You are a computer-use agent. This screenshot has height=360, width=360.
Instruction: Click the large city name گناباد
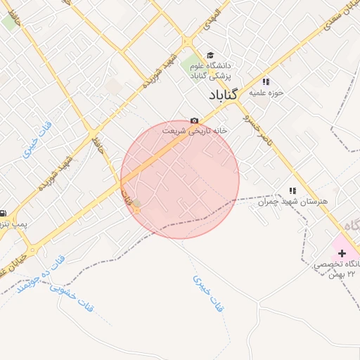pos(224,94)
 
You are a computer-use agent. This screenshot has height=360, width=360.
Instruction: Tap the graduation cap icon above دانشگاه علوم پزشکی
pos(210,56)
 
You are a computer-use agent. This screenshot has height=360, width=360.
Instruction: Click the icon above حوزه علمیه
pos(266,81)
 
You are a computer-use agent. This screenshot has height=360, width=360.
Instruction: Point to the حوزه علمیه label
pos(269,92)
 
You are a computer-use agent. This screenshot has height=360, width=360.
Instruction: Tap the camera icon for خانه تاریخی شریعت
pos(194,120)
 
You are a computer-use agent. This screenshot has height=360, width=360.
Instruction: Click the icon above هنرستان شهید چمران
pos(292,191)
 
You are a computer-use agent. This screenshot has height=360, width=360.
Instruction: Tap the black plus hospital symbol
pos(342,252)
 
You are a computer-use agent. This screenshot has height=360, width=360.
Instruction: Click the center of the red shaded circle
pos(180,179)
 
